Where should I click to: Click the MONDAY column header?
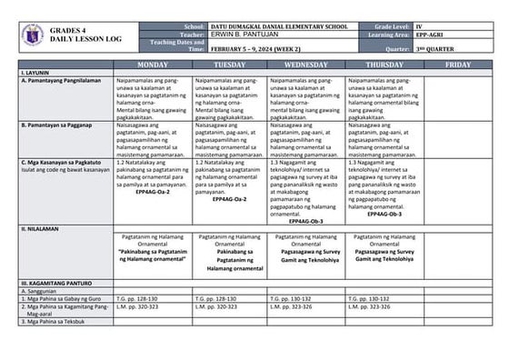pos(152,65)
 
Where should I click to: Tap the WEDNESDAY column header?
pos(305,65)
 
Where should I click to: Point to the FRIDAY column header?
pos(458,65)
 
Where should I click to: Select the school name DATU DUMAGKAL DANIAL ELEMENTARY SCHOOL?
pos(274,27)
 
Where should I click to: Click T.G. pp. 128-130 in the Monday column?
pos(136,298)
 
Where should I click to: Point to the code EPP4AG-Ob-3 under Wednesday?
pos(306,221)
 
